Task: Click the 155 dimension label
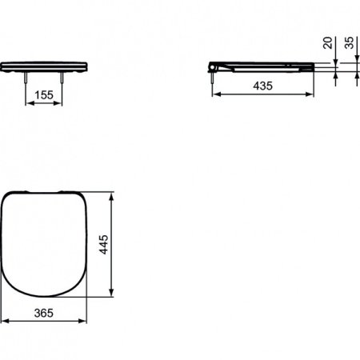coord(45,94)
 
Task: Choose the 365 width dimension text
coord(44,314)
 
